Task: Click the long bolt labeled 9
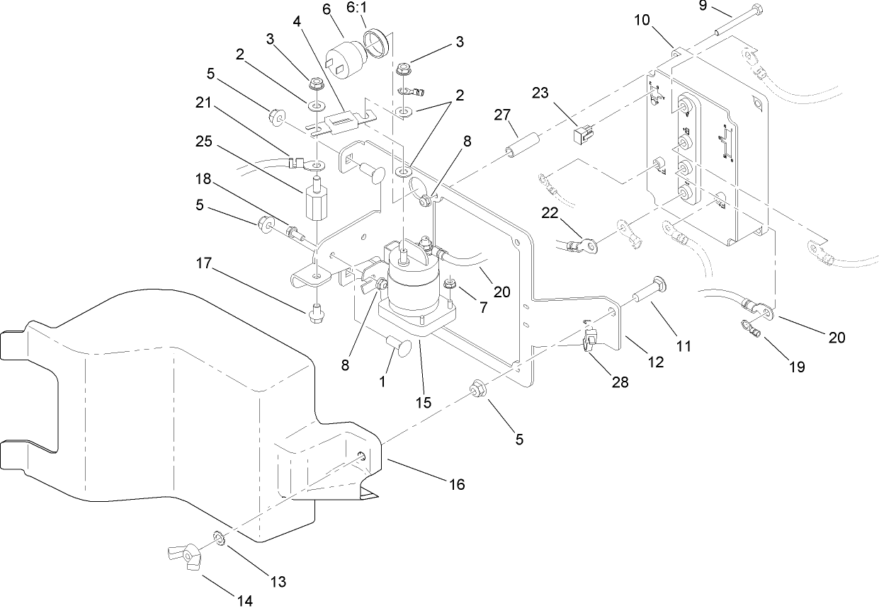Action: [x=737, y=21]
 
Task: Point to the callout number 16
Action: [x=457, y=484]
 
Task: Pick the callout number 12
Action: [x=655, y=362]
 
